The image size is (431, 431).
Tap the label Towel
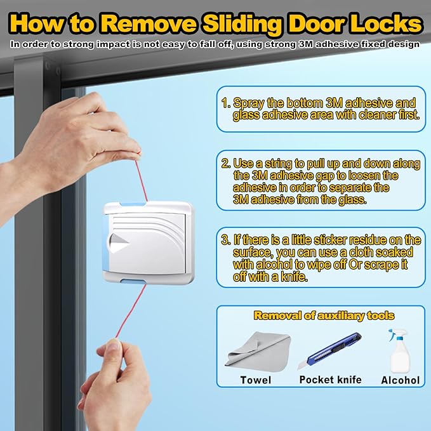(x=256, y=380)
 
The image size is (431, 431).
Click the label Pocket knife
(x=330, y=380)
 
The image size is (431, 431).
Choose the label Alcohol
(x=400, y=380)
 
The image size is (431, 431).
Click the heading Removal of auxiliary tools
(x=324, y=315)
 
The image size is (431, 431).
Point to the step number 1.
(x=225, y=102)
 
